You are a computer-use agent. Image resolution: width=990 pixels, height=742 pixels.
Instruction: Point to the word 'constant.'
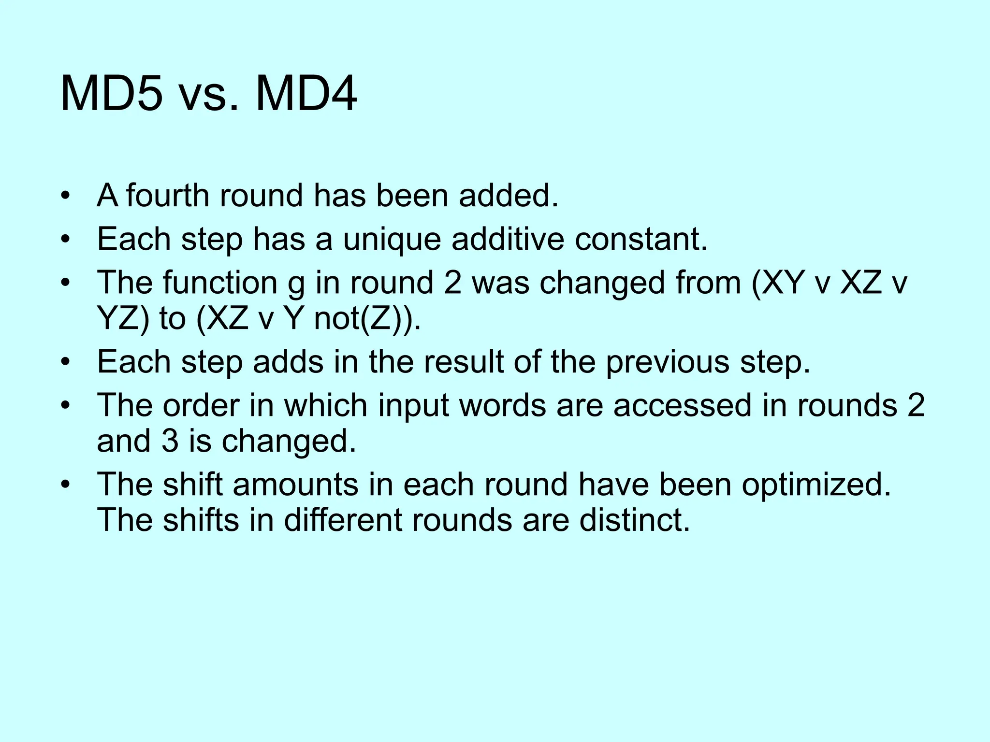point(641,239)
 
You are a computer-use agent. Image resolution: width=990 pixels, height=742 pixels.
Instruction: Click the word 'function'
point(220,282)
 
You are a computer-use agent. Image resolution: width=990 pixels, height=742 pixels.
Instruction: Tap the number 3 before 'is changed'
point(170,441)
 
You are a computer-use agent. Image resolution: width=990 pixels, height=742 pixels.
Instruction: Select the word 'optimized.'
point(816,485)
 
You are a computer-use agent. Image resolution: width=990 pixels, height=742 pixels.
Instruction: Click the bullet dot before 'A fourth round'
point(66,197)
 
